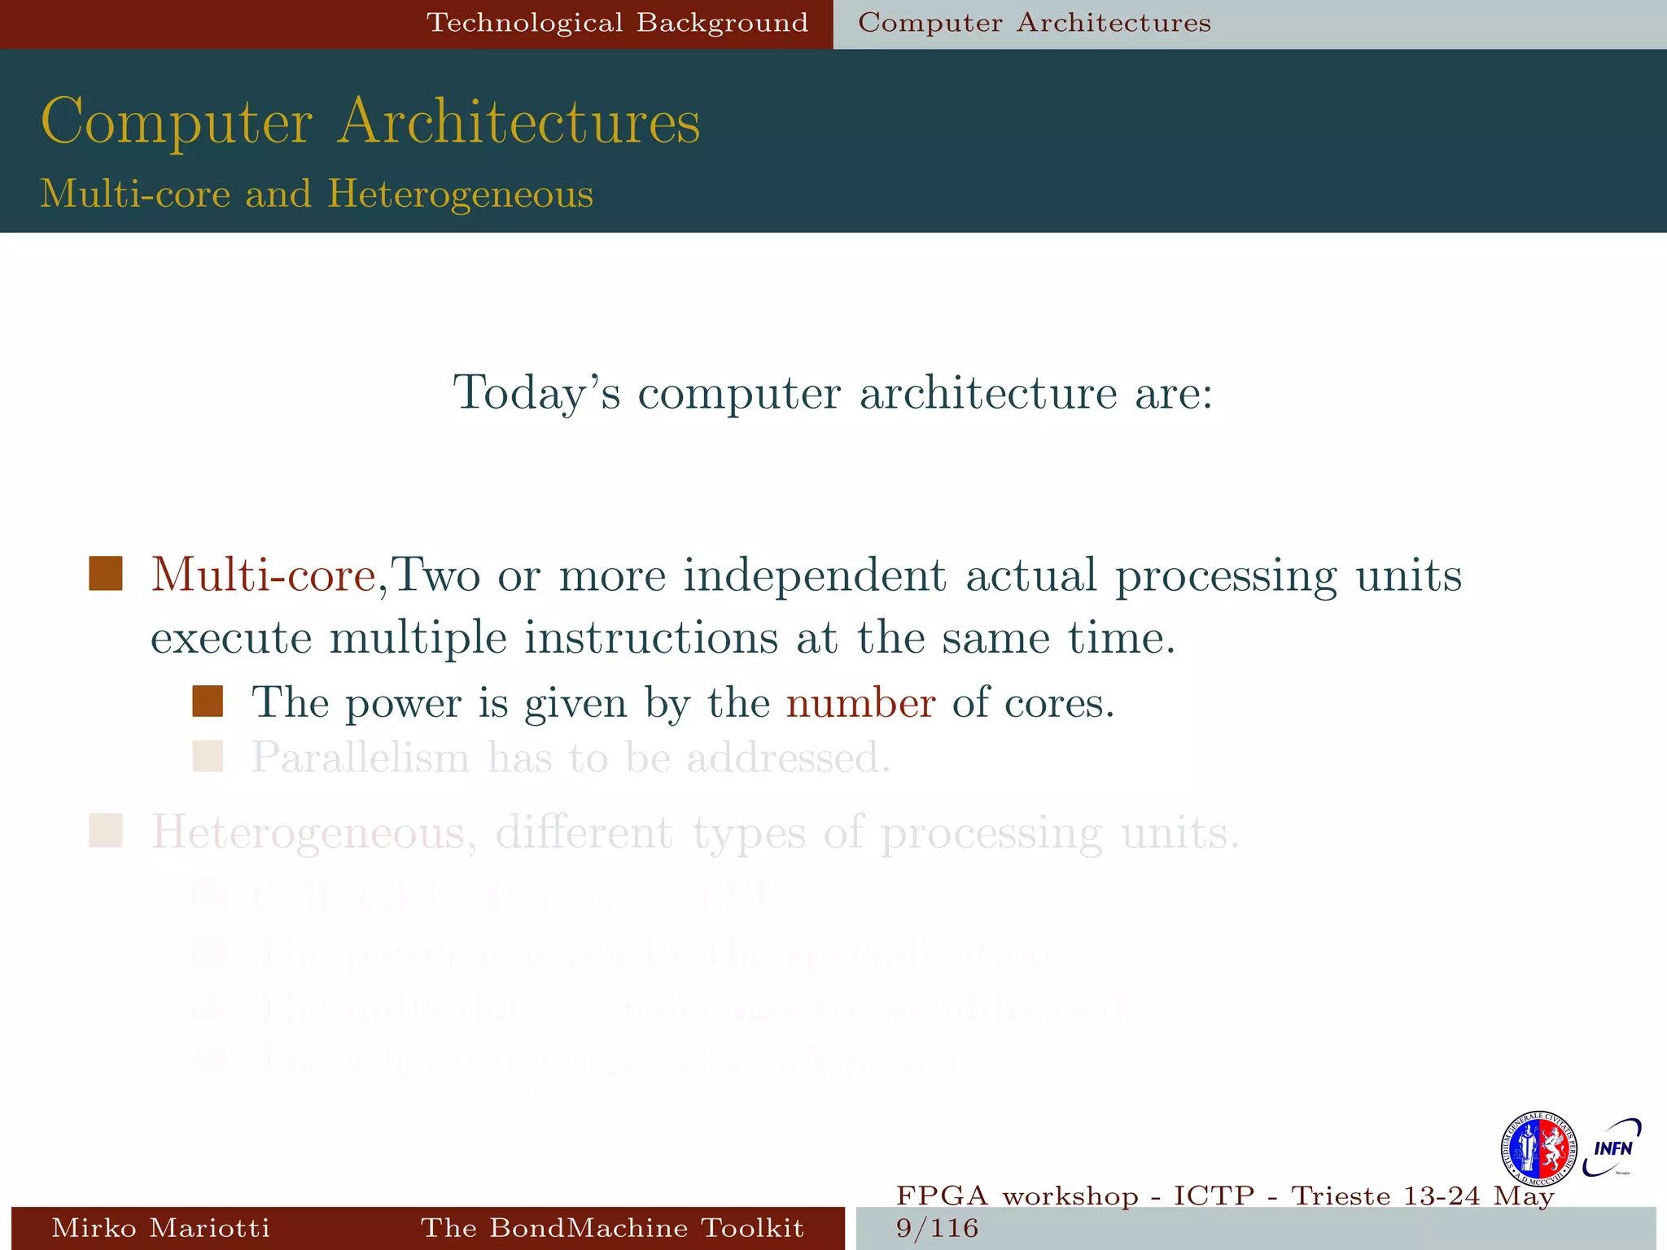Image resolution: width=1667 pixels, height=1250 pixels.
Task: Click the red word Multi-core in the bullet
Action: click(263, 575)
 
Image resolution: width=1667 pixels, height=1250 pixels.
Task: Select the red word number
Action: click(860, 703)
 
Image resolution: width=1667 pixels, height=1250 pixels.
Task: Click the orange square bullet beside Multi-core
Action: click(106, 574)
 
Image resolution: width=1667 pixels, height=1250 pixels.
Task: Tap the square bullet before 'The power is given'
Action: click(208, 701)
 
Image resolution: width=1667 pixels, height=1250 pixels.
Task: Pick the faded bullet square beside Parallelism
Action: click(208, 756)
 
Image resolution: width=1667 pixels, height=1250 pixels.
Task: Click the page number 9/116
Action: click(937, 1228)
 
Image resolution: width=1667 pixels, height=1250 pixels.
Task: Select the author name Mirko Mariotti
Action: click(160, 1228)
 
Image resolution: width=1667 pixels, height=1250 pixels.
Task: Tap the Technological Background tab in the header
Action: click(618, 23)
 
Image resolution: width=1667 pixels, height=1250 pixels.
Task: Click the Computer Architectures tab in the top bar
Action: click(1035, 23)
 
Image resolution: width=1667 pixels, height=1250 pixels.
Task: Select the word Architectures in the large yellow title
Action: click(518, 122)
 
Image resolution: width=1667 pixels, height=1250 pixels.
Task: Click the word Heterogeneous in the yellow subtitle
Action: click(460, 194)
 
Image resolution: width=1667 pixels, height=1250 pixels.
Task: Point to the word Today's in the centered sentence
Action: click(536, 393)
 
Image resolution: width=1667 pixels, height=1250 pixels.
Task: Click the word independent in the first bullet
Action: click(814, 575)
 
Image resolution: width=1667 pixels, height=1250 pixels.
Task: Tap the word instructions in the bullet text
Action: click(651, 637)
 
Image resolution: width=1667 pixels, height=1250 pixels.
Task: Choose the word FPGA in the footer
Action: click(942, 1196)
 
